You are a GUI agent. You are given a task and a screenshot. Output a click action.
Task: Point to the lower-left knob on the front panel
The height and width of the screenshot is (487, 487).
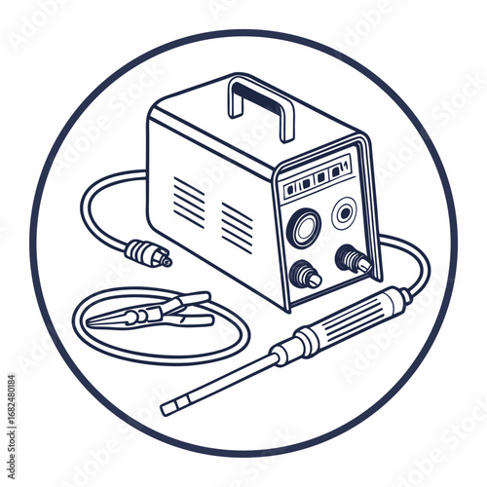[306, 276]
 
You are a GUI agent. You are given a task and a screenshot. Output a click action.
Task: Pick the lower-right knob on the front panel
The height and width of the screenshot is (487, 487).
[352, 259]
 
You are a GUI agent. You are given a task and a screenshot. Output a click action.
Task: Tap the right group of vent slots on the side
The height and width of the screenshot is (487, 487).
[237, 227]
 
